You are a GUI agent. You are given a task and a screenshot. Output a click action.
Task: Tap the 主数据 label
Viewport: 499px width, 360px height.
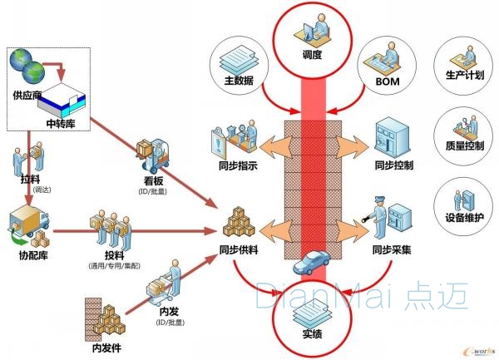click(x=238, y=81)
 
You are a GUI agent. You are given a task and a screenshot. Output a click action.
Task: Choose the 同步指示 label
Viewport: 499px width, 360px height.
click(x=237, y=165)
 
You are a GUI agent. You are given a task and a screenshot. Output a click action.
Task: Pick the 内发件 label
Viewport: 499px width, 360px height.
click(x=106, y=348)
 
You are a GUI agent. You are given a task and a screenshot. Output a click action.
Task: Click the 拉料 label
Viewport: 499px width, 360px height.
click(x=30, y=179)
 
